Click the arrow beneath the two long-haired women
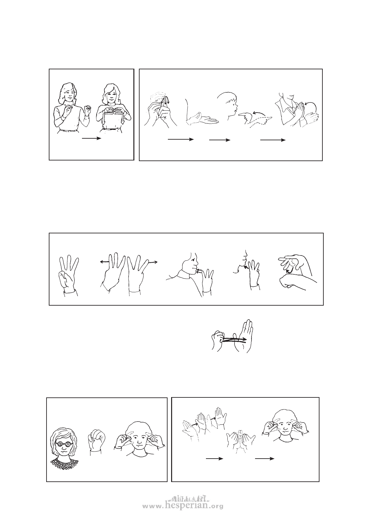tap(91, 138)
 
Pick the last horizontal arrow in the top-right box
tap(273, 140)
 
